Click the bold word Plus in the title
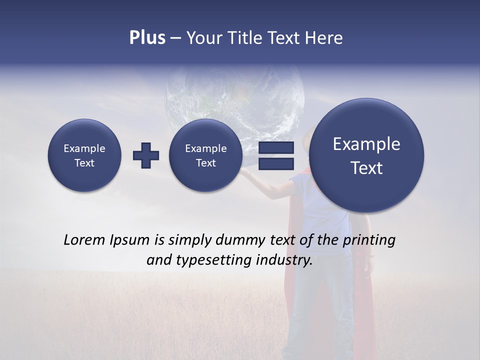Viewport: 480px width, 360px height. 147,38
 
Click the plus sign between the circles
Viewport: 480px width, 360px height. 146,155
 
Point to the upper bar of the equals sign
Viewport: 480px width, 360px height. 276,148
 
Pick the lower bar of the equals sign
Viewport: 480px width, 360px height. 276,164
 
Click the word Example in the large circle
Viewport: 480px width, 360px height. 366,144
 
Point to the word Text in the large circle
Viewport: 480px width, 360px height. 366,168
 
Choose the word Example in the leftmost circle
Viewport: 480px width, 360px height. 84,148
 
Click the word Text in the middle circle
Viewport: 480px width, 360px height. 205,163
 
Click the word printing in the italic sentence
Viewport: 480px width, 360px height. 369,240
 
